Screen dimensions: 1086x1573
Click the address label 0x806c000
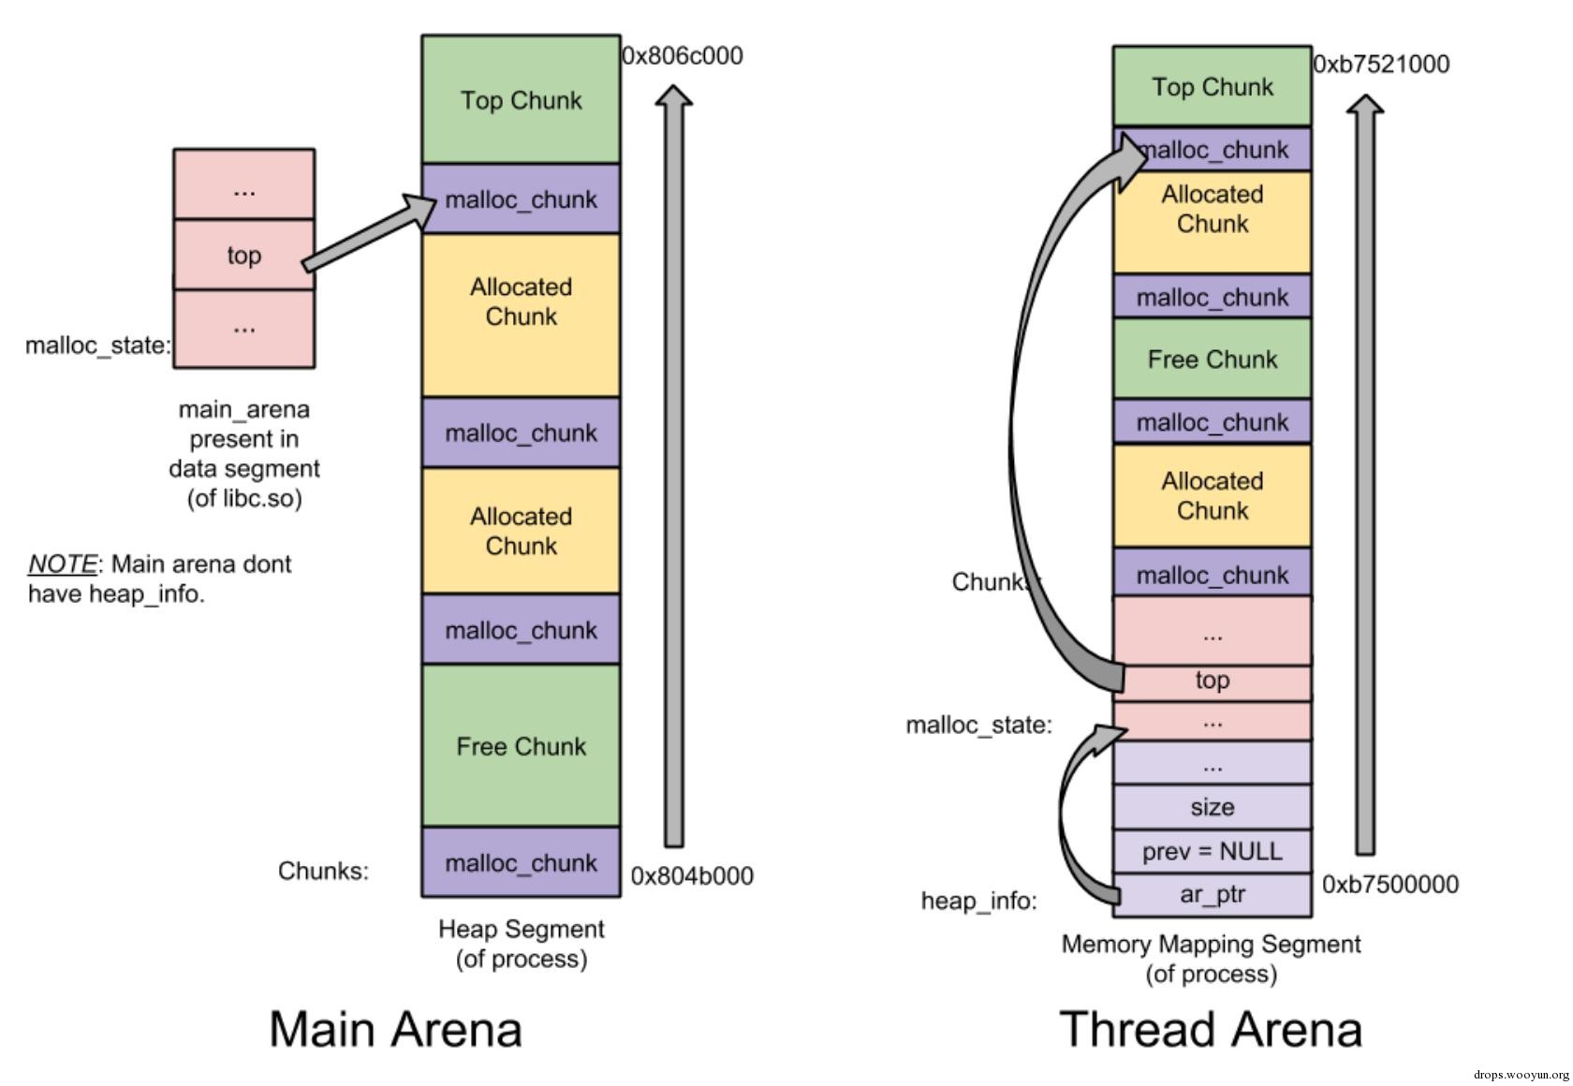[683, 56]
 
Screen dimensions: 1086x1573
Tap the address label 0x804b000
[692, 876]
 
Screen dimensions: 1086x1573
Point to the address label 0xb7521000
[1381, 65]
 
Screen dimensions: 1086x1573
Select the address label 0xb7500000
[1390, 885]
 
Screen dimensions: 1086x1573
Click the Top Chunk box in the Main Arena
[521, 100]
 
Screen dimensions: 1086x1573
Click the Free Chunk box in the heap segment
[521, 746]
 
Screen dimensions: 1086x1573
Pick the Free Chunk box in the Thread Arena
[1213, 360]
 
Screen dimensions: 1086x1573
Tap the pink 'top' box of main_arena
[243, 255]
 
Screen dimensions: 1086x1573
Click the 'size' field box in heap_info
[1213, 807]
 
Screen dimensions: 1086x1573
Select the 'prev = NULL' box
[1213, 852]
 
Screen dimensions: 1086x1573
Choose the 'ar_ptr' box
[1213, 895]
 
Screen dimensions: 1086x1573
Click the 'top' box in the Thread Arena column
[1213, 682]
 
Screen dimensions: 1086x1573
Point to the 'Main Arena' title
[395, 1029]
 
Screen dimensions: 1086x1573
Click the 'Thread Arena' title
[1211, 1029]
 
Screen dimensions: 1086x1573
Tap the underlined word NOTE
[62, 565]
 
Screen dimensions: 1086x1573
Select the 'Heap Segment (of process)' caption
[522, 944]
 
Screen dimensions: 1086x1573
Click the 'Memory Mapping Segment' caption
[1211, 945]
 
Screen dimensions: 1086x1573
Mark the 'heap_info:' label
[978, 902]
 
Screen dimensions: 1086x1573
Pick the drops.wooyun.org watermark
[1521, 1075]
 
